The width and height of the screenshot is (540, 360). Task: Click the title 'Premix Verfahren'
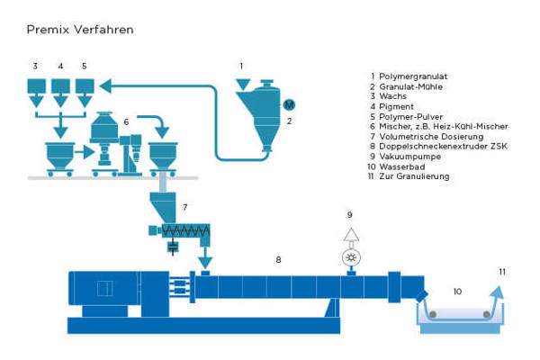click(x=81, y=30)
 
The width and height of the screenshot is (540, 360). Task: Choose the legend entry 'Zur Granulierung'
click(x=414, y=176)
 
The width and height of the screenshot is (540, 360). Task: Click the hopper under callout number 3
click(x=35, y=89)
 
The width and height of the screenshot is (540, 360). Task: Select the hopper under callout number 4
click(x=59, y=89)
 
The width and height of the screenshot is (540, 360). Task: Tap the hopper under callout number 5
click(x=84, y=89)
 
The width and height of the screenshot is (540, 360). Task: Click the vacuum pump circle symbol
click(x=352, y=256)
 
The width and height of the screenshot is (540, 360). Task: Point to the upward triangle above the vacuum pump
click(x=352, y=235)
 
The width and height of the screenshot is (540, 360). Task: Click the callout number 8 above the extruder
click(x=278, y=260)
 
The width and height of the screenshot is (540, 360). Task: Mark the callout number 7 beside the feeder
click(x=184, y=208)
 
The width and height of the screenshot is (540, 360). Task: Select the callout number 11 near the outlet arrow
click(x=502, y=271)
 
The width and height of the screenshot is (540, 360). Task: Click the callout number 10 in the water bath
click(x=457, y=292)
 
